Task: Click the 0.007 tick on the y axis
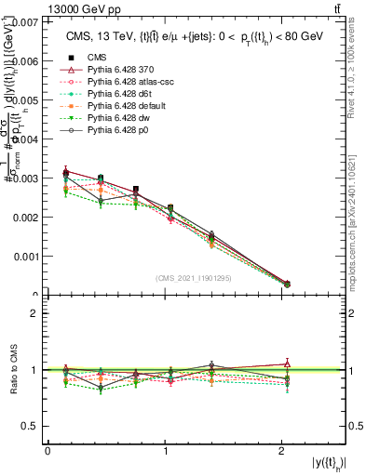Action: [x=25, y=20]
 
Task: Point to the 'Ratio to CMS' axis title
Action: [x=12, y=370]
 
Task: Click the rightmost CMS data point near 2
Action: [x=287, y=284]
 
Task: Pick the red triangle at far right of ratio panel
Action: [x=287, y=364]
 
